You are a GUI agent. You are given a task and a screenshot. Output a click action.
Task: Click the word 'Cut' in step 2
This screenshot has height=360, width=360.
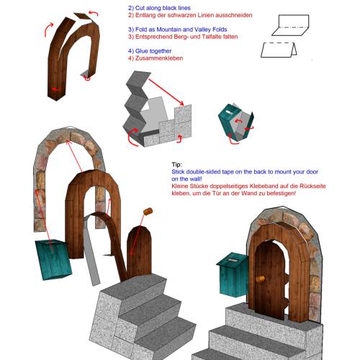[140, 8]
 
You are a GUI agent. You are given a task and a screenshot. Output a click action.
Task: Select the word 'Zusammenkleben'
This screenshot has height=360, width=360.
[159, 58]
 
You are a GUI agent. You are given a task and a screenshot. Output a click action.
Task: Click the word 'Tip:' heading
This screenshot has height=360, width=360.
[177, 165]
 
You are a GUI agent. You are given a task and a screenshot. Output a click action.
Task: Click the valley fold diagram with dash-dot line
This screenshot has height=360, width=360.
[290, 25]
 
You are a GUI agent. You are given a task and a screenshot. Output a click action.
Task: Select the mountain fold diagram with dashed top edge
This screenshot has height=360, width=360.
[279, 50]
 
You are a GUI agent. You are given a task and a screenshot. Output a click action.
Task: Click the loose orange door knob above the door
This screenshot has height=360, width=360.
[148, 211]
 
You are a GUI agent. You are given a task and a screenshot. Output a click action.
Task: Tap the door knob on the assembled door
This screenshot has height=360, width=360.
[260, 279]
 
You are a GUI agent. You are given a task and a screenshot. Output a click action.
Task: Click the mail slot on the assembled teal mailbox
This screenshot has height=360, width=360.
[232, 260]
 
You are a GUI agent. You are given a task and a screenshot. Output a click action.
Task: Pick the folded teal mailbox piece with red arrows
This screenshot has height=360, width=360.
[235, 122]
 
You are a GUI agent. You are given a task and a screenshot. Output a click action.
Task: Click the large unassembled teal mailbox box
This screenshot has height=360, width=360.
[53, 260]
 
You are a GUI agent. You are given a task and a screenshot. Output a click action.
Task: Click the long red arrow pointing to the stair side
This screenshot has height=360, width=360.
[166, 92]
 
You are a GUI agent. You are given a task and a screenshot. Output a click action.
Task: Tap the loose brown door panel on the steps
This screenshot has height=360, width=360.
[139, 252]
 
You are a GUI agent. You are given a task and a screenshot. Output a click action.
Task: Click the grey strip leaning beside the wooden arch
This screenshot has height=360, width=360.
[91, 251]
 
